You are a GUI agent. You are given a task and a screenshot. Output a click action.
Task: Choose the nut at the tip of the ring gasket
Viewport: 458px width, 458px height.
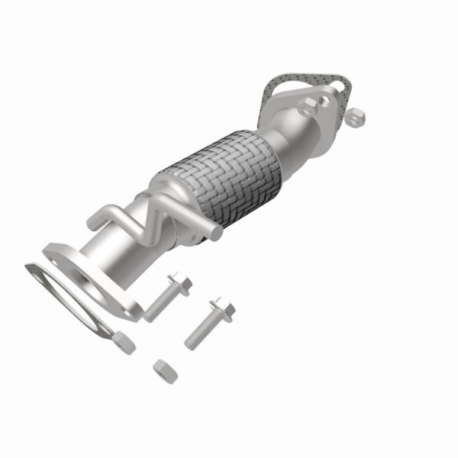122,343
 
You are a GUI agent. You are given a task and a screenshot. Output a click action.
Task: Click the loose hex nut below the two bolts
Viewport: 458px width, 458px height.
165,372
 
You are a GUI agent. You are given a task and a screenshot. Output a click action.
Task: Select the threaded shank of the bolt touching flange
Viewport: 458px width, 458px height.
157,303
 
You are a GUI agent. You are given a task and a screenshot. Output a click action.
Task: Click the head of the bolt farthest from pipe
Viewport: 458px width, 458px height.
222,309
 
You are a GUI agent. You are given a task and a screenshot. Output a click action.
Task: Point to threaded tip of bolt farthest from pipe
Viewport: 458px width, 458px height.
191,341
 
